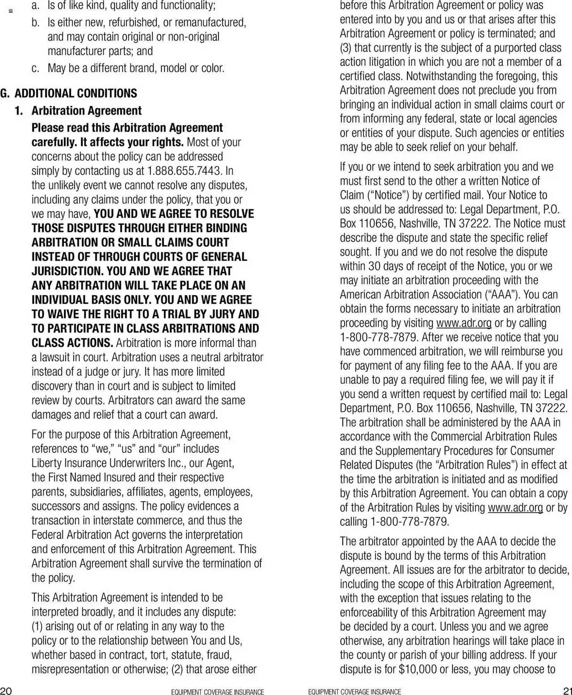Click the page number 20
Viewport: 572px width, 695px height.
6,690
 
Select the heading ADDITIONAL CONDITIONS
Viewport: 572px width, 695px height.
76,93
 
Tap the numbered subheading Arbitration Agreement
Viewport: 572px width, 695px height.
86,111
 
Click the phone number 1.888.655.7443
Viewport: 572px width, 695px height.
184,171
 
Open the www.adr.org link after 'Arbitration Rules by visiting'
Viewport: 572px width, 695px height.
515,508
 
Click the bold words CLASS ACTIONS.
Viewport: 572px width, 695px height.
72,343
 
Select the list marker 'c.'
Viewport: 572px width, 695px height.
35,68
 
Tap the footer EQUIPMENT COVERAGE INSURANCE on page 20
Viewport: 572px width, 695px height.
217,692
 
